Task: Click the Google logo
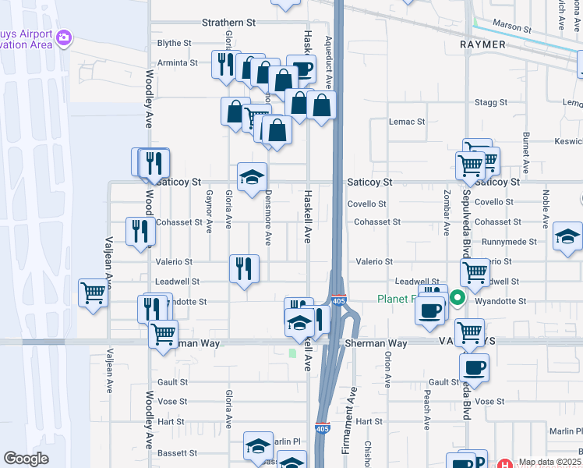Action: [x=26, y=459]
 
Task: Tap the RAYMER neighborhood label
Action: [x=482, y=44]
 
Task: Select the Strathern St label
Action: [x=228, y=23]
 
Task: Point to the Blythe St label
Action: [x=174, y=43]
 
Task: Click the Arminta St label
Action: [x=177, y=62]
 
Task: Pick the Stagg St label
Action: [x=491, y=102]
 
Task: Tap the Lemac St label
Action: [x=407, y=122]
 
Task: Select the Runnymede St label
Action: [x=504, y=242]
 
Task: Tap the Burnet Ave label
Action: [x=525, y=152]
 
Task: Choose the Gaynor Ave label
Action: [x=209, y=211]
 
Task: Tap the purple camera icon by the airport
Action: [x=64, y=37]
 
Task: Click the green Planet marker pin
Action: [x=458, y=297]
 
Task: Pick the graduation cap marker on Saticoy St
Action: [x=252, y=178]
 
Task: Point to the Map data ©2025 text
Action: [x=549, y=463]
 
